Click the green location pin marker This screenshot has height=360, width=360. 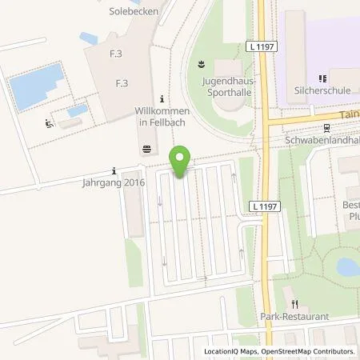click(x=182, y=161)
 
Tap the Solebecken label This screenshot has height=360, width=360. click(x=133, y=12)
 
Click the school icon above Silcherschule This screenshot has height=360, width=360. click(x=322, y=78)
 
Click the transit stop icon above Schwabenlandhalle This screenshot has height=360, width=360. click(x=326, y=126)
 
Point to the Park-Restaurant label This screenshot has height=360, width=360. click(x=295, y=317)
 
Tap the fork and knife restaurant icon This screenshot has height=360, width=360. click(x=295, y=304)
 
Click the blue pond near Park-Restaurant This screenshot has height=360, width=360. click(x=348, y=266)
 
